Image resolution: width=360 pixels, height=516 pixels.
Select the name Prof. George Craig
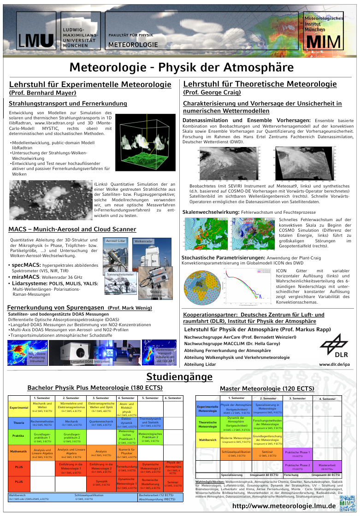point(212,93)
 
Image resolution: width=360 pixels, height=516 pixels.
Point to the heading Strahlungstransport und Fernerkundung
point(68,104)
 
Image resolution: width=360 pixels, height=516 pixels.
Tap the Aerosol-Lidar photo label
point(116,241)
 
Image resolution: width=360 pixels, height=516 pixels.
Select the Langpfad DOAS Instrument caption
point(90,362)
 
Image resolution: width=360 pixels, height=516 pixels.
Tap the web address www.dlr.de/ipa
point(334,364)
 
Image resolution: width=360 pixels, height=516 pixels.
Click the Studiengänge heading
point(179,377)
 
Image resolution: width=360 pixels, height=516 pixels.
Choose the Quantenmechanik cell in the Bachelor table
point(101,422)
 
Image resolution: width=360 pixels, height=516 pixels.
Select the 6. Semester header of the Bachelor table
point(173,398)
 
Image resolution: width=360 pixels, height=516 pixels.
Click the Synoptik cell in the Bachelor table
point(101,482)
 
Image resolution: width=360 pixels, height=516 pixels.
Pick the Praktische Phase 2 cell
point(297,467)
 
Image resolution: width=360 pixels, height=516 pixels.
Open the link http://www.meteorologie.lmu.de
point(284,506)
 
